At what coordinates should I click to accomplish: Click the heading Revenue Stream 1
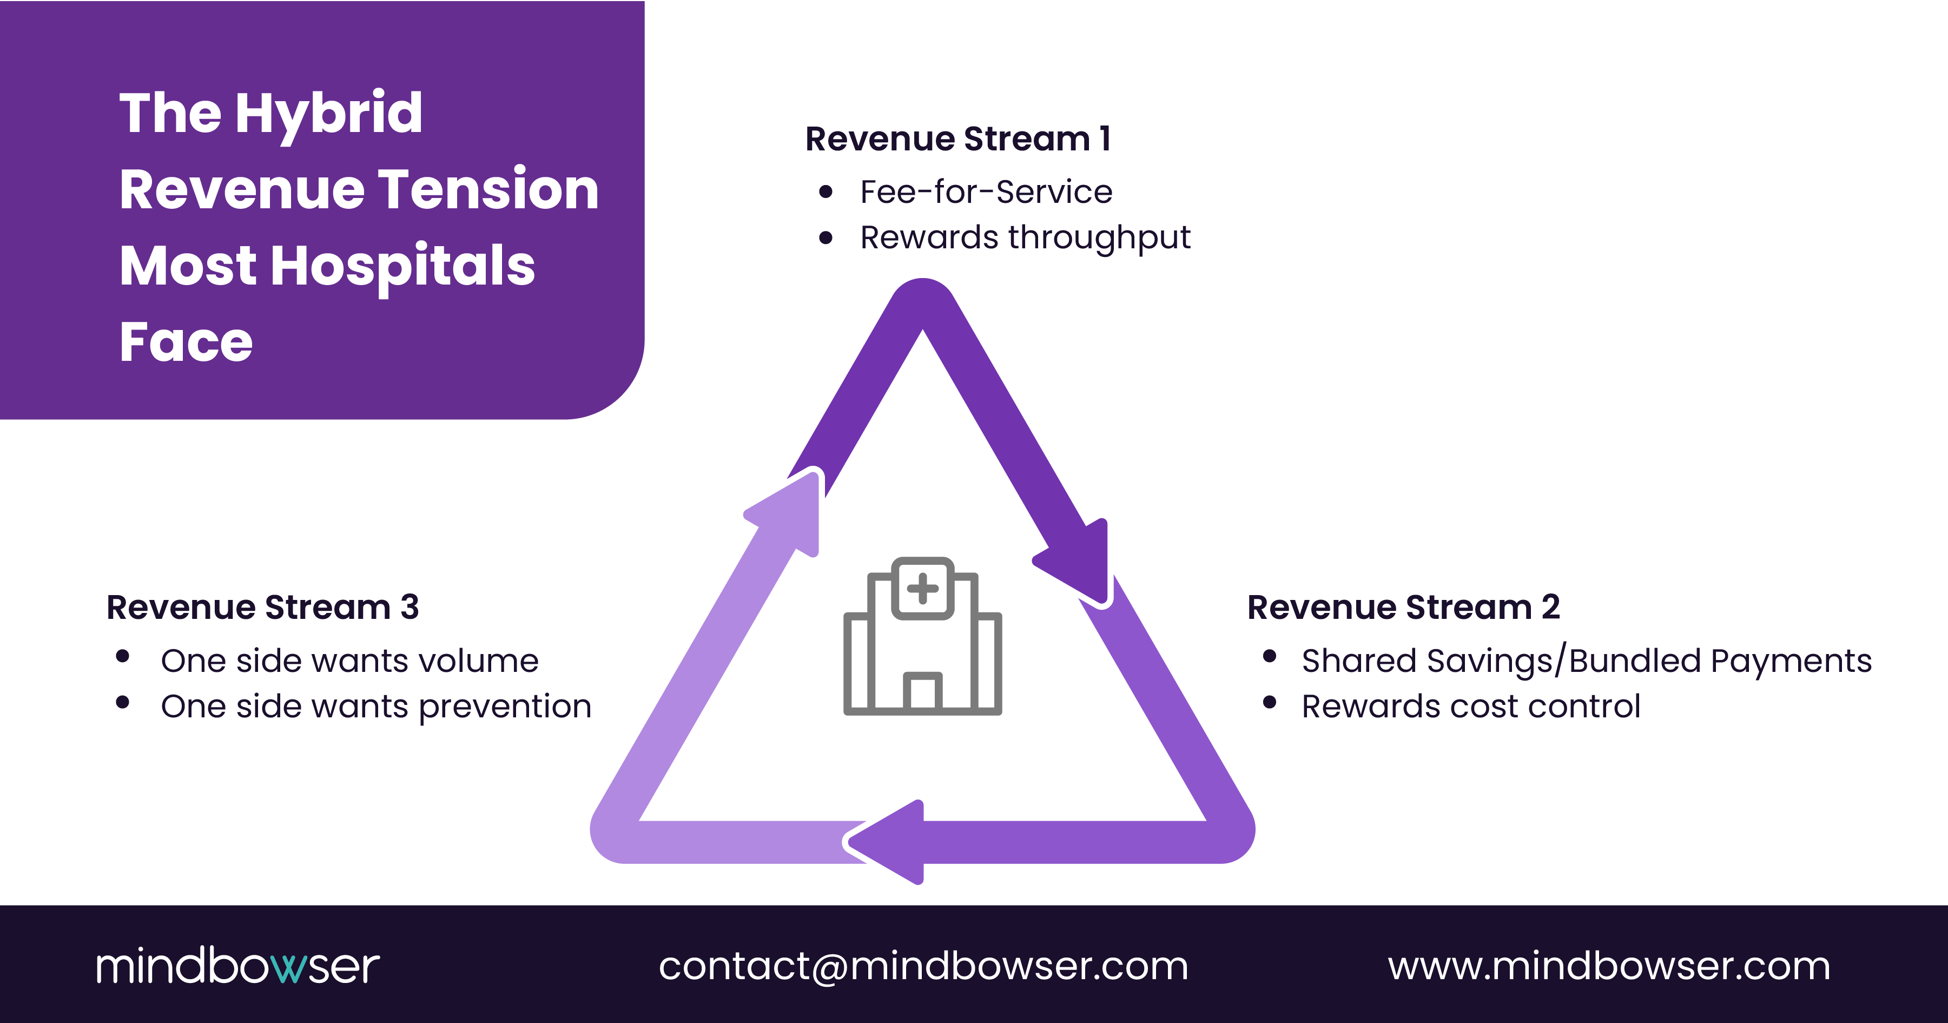[958, 139]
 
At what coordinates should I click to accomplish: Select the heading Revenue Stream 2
[1403, 607]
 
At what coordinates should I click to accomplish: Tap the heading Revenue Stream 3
[262, 607]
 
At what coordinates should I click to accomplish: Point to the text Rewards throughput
[1025, 237]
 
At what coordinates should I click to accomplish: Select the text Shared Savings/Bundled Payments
[1586, 661]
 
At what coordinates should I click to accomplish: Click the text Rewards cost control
[1471, 706]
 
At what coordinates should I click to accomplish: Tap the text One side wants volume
[349, 661]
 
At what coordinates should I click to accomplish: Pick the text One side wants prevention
[376, 706]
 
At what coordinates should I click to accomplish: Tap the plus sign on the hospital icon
[922, 588]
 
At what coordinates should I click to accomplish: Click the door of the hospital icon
[922, 692]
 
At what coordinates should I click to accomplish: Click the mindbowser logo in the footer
[237, 966]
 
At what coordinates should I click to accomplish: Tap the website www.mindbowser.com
[1608, 966]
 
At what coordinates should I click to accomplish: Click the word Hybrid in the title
[328, 114]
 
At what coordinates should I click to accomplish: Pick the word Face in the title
[186, 342]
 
